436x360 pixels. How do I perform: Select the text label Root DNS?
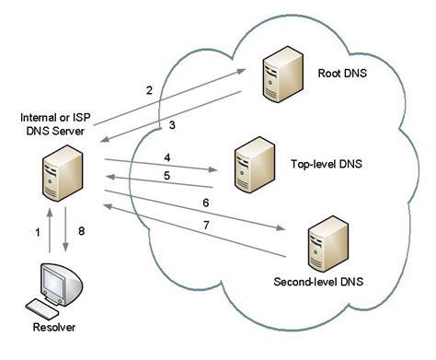343,73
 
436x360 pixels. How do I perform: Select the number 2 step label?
148,90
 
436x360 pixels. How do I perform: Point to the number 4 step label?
167,157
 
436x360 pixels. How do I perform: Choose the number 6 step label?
205,202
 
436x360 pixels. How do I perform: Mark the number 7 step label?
205,226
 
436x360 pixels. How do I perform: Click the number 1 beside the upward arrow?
38,234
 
